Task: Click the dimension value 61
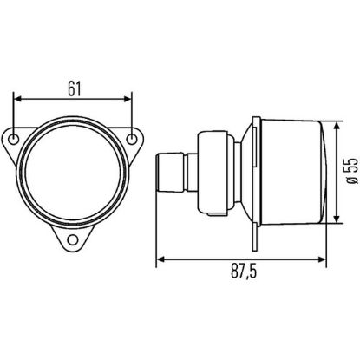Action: coord(74,88)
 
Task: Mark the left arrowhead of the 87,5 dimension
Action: coord(160,258)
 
